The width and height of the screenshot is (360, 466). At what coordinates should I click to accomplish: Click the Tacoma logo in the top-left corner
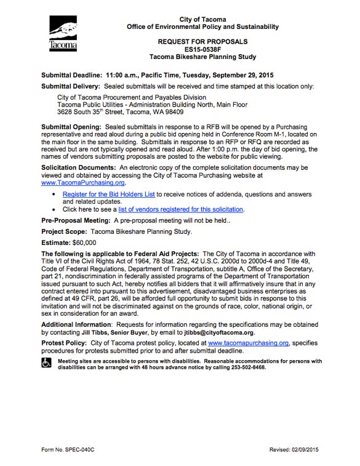click(x=63, y=34)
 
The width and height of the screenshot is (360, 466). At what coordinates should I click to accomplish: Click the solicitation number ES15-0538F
click(x=202, y=49)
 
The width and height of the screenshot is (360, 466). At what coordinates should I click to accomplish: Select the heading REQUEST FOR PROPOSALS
click(x=202, y=42)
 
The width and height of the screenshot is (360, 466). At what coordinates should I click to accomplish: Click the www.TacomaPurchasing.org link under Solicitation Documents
click(x=83, y=183)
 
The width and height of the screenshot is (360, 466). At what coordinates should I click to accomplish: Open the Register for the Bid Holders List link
click(x=108, y=194)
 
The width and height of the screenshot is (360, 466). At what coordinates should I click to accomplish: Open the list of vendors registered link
click(x=181, y=209)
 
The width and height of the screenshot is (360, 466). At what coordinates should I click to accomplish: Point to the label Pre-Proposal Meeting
click(x=76, y=220)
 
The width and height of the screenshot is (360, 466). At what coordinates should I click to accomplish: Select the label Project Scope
click(x=63, y=231)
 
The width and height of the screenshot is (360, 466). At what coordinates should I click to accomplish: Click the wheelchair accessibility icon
click(x=47, y=364)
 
